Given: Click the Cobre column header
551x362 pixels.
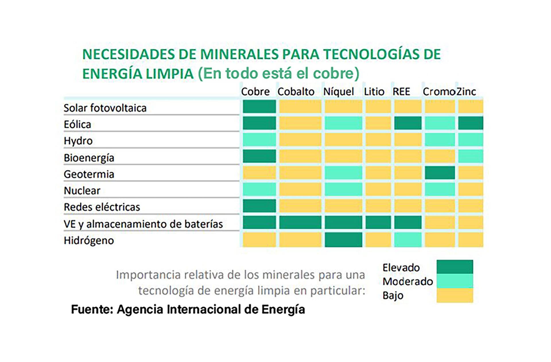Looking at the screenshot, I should [x=255, y=92].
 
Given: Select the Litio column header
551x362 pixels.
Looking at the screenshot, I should [x=374, y=92].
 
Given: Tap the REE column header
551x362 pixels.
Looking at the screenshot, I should [x=401, y=92].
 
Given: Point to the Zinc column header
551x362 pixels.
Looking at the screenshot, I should [x=466, y=92].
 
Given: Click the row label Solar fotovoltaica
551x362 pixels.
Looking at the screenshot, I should [x=105, y=108].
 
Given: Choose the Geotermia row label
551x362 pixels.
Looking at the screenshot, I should [x=89, y=174].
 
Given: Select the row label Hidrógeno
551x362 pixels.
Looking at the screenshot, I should [x=89, y=240].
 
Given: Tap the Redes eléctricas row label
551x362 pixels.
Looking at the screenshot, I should [x=102, y=207].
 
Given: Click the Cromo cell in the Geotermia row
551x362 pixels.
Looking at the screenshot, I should [x=440, y=173].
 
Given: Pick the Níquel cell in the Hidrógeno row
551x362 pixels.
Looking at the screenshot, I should [x=343, y=240].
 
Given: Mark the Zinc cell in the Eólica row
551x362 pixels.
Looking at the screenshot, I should [x=470, y=123].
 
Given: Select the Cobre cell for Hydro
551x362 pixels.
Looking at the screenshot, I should [x=259, y=140].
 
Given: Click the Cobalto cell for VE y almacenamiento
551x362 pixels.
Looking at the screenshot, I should [x=300, y=223].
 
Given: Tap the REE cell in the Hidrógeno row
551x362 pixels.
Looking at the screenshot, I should [x=408, y=240].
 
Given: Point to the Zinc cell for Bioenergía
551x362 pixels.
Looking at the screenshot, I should [x=470, y=156].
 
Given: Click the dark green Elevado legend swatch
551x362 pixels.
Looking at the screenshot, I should [x=455, y=266].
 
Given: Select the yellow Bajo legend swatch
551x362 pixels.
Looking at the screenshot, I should [x=455, y=295].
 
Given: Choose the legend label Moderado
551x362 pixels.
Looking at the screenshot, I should [x=408, y=281].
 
